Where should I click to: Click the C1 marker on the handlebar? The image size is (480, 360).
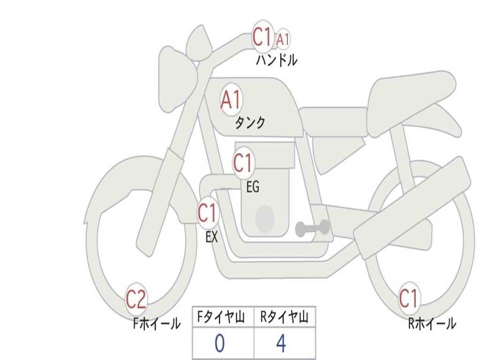coord(262,37)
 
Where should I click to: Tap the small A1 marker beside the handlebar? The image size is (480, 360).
coord(282,39)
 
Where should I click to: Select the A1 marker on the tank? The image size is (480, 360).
coord(231,100)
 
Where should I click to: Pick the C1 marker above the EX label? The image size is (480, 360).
coord(207,213)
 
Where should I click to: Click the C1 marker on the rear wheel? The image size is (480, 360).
coord(408,299)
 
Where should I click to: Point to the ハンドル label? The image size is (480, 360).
coord(277,60)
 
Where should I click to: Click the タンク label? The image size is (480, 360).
coord(250,123)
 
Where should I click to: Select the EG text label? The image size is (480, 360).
coord(253,187)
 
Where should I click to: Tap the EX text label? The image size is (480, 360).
coord(212,237)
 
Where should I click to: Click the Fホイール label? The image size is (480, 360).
coord(157,323)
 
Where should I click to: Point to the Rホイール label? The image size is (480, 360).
coord(432,323)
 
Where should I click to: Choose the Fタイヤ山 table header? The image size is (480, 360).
coord(223,318)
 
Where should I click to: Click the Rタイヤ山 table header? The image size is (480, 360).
coord(285,318)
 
